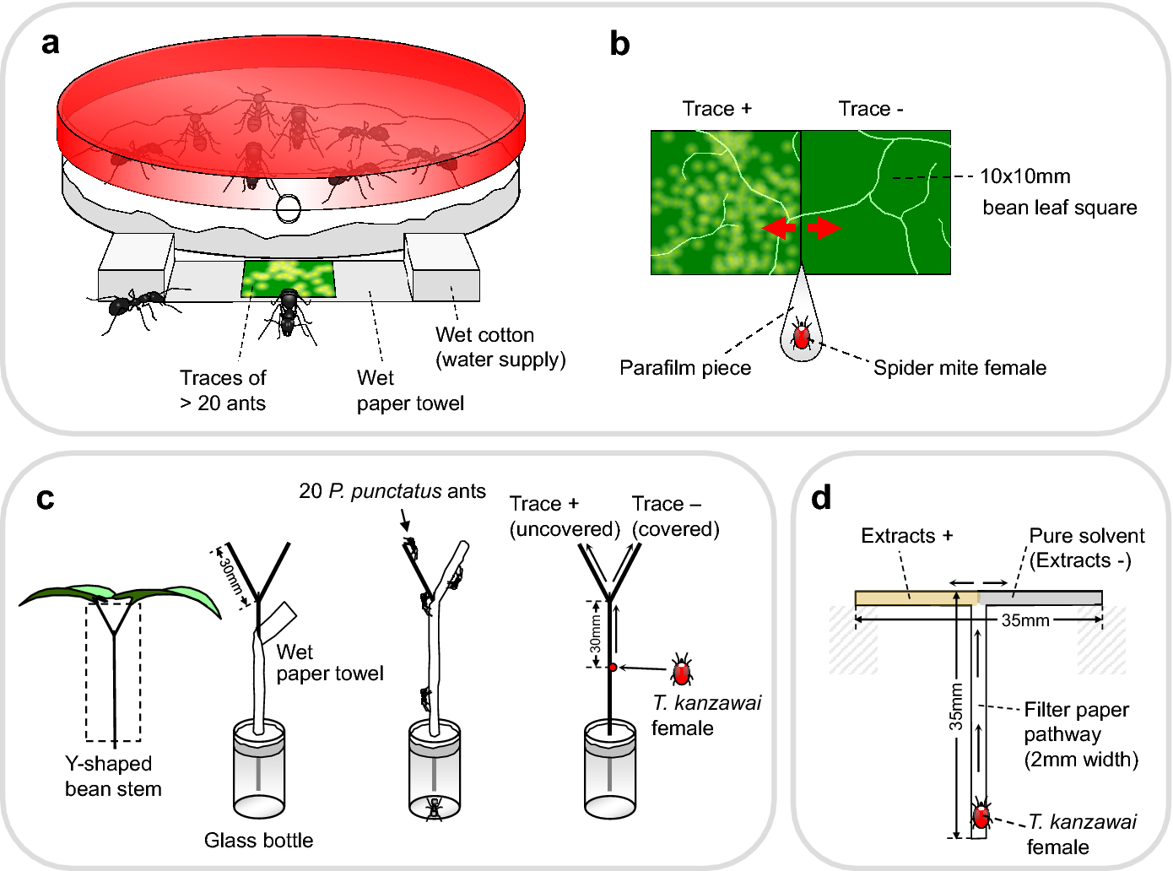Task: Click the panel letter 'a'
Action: point(51,43)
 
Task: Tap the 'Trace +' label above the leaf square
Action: point(716,109)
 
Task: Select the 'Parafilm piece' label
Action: point(684,368)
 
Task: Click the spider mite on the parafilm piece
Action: point(801,337)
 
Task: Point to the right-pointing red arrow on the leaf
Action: point(824,228)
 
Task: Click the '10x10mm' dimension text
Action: point(1024,176)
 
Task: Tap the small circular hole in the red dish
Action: point(288,208)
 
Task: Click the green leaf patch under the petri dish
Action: point(288,279)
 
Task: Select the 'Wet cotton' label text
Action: point(484,335)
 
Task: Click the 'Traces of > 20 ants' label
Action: point(223,390)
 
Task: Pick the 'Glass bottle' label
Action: point(258,840)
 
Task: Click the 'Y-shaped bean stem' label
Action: point(113,776)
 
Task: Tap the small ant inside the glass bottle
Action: point(434,808)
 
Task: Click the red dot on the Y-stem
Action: point(613,668)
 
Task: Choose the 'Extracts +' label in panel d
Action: point(906,536)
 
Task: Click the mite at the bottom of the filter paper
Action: point(981,816)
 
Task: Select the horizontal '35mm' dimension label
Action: point(1024,620)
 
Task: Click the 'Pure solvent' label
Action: point(1087,536)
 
